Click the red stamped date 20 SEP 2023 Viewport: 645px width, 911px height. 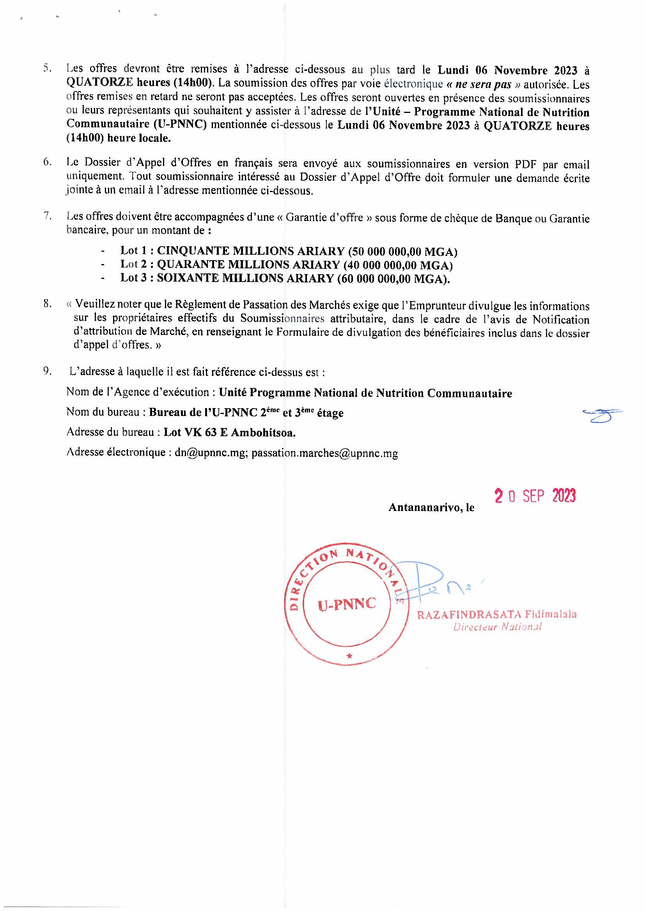tap(535, 496)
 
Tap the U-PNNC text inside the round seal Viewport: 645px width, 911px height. tap(346, 604)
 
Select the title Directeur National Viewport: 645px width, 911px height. tap(497, 627)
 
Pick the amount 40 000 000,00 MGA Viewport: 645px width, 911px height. tap(398, 265)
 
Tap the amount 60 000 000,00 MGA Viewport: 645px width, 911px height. tap(393, 278)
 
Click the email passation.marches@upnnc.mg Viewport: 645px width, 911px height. tap(324, 453)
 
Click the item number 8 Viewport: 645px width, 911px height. tap(48, 304)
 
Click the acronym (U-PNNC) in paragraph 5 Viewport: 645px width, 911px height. tap(179, 125)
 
